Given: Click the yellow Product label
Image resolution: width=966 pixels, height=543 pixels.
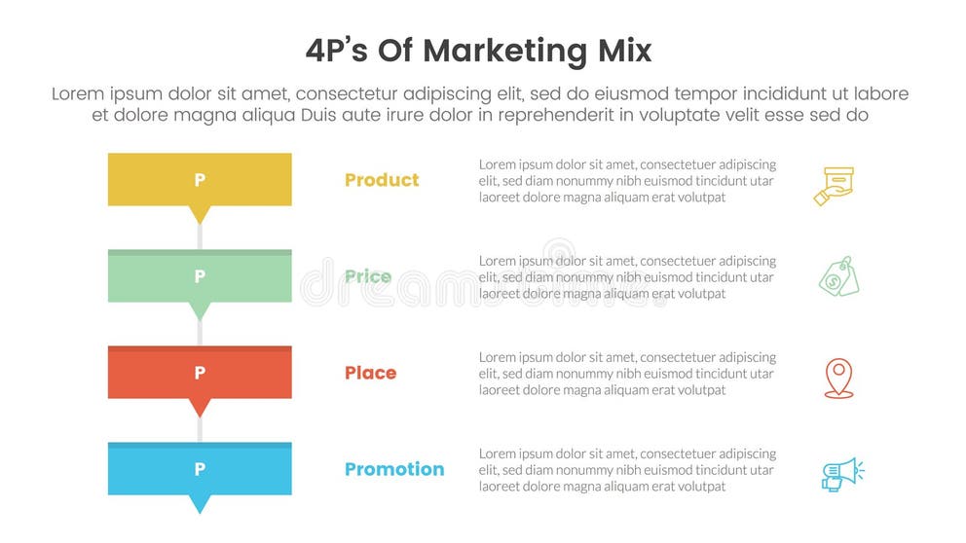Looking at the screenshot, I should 382,180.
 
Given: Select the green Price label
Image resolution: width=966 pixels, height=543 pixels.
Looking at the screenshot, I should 368,276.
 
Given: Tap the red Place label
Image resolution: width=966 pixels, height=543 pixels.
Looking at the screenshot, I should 370,373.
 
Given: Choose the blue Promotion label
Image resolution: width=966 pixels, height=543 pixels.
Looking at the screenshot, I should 394,469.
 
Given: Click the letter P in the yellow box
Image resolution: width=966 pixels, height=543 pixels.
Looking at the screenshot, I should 200,180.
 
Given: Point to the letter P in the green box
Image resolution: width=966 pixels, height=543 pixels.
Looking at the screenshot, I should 200,276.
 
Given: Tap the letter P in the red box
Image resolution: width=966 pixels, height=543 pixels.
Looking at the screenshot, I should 200,373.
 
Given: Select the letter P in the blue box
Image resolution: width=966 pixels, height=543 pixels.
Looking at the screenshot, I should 200,469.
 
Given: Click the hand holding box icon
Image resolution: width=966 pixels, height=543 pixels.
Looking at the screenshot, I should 836,185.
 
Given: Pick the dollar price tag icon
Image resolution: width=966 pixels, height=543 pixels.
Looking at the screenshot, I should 838,276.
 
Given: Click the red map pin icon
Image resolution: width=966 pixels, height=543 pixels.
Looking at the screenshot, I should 838,378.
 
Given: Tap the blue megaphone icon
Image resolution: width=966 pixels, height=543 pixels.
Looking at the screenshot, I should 841,474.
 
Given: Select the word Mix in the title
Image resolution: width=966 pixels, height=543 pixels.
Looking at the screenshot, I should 619,51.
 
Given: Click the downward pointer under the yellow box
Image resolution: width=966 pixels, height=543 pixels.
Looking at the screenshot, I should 200,214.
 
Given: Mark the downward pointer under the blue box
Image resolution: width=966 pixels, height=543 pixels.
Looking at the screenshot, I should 200,503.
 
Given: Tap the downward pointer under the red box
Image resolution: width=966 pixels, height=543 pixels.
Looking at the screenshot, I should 200,407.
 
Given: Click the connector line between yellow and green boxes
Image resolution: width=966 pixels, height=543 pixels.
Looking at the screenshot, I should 200,236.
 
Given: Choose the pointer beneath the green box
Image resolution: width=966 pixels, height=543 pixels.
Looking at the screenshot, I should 200,310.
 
